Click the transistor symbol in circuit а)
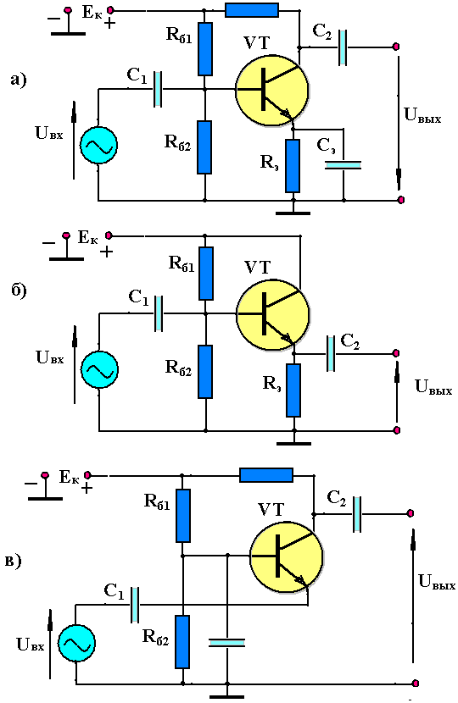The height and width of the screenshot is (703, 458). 272,90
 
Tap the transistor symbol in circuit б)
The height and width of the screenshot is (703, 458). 273,315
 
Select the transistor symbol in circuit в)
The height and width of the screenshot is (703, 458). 287,556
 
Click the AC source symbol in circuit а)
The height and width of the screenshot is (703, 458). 98,145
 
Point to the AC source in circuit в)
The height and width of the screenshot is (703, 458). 76,644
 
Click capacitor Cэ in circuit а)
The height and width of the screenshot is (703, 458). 343,165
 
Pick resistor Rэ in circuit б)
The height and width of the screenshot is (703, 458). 293,390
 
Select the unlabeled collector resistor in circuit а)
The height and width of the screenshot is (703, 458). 251,10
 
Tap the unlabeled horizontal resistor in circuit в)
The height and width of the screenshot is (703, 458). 266,475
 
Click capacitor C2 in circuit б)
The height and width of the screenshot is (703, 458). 331,354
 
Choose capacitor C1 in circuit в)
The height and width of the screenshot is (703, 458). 135,605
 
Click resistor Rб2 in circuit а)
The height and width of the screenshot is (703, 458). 204,147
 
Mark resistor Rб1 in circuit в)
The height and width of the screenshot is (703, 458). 182,516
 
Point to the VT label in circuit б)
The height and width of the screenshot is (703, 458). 258,268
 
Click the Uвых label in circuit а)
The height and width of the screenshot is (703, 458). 422,115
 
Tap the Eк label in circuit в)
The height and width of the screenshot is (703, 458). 70,478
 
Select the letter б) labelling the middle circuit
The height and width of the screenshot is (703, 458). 19,291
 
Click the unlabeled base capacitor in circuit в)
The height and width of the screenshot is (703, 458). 227,643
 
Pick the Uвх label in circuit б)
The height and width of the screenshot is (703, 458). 50,357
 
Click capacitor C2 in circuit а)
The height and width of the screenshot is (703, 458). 343,47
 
